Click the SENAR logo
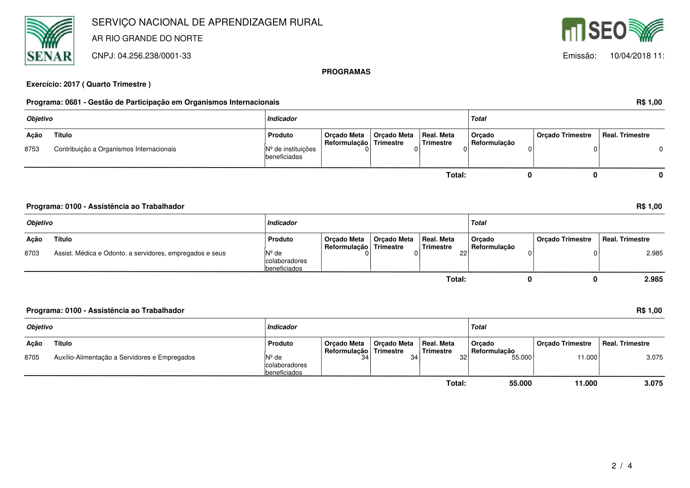[x=49, y=40]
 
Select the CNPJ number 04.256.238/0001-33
[x=154, y=56]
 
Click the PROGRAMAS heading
[x=346, y=72]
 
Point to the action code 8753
[x=32, y=149]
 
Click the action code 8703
[x=32, y=253]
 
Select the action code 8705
[x=32, y=357]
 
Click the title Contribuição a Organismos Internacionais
[x=115, y=149]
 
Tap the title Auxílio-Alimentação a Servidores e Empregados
[x=124, y=357]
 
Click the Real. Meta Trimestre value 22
[x=463, y=253]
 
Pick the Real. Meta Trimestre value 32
[x=463, y=357]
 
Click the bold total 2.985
[x=653, y=279]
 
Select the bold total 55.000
[x=520, y=383]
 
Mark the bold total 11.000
[x=586, y=383]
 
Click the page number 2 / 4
[x=622, y=466]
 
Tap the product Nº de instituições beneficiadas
[x=290, y=153]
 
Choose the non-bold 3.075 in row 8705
[x=654, y=357]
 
